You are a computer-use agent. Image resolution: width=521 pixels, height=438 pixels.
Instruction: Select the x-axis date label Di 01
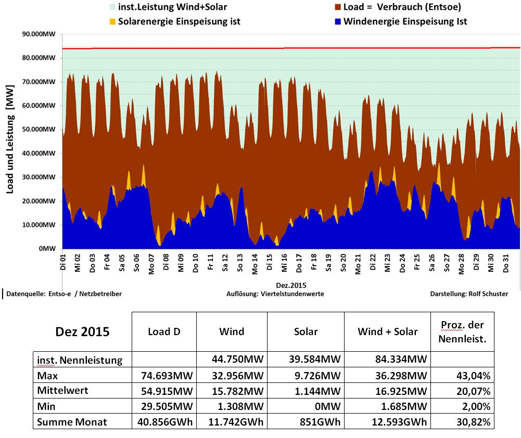coord(63,261)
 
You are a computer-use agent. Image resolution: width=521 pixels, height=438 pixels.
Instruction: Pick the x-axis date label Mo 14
coord(255,261)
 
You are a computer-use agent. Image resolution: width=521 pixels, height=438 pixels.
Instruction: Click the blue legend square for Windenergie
coord(338,21)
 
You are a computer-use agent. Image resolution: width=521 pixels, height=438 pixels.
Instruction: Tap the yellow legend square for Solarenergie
coord(112,22)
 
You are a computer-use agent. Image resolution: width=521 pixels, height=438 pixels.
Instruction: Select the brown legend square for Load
coord(338,8)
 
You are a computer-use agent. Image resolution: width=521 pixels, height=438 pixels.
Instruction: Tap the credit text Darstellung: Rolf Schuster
coord(468,294)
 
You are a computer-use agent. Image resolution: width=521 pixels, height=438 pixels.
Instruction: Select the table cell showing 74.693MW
coord(163,375)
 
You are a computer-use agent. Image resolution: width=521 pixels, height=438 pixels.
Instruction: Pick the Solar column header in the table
coord(306,331)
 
